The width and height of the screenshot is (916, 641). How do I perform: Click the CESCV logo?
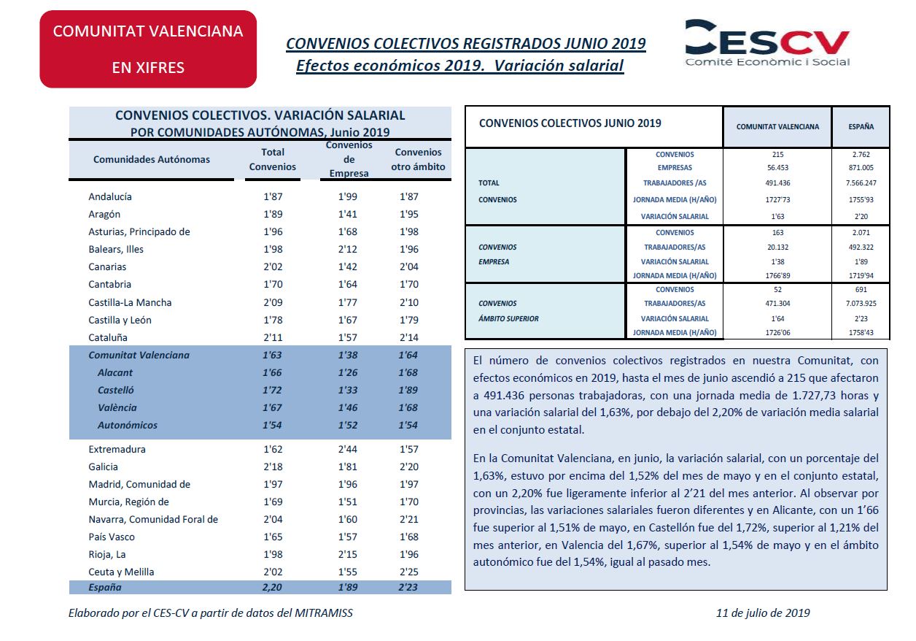[x=767, y=42]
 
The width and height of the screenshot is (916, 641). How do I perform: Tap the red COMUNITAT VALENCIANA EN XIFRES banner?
[x=148, y=49]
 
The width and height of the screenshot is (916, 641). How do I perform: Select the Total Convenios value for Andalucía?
[x=273, y=196]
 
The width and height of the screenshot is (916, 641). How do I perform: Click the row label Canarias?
[x=107, y=267]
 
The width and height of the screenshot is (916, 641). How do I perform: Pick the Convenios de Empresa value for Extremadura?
[x=348, y=449]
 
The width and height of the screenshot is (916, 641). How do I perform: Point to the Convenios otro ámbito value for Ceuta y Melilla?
[x=409, y=572]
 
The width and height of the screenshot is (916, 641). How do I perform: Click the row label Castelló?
[x=116, y=390]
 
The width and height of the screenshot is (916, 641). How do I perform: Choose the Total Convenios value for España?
[x=272, y=588]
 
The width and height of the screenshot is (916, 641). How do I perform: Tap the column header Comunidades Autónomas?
[x=151, y=159]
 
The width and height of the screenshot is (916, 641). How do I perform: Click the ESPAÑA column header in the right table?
[x=861, y=127]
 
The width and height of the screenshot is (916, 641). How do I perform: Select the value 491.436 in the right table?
[x=777, y=183]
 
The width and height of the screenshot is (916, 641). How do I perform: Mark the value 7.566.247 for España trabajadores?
[x=861, y=183]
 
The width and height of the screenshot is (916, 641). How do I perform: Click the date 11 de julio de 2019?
[x=763, y=613]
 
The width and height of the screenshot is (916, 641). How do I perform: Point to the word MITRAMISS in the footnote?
[x=324, y=613]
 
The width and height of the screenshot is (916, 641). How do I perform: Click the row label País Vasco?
[x=112, y=537]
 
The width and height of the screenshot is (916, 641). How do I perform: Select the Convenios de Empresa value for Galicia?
[x=348, y=467]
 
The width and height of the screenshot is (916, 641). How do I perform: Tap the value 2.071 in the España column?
[x=861, y=232]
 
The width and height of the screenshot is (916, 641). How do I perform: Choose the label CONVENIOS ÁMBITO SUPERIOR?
[x=509, y=311]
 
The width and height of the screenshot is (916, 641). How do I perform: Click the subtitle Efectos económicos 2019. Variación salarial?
[x=460, y=66]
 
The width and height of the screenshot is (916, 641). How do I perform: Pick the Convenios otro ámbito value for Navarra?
[x=409, y=519]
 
